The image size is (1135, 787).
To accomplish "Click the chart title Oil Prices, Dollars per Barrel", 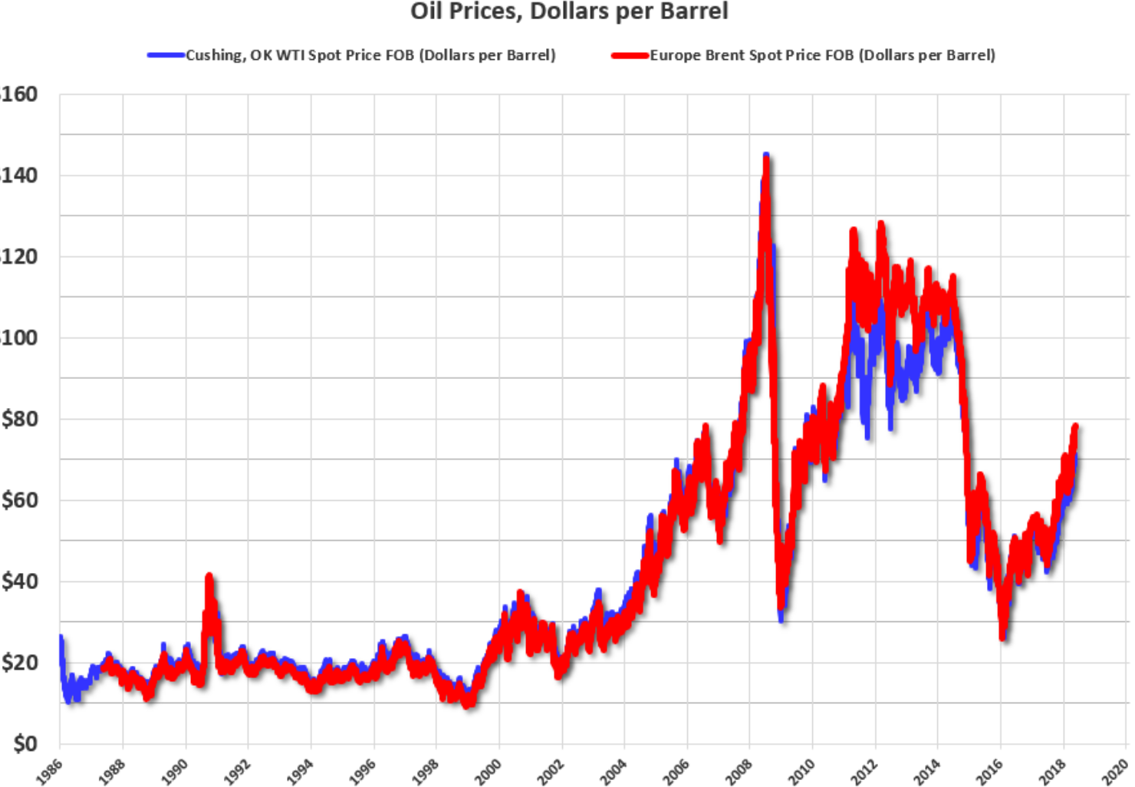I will [568, 12].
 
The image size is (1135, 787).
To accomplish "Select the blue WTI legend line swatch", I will [166, 55].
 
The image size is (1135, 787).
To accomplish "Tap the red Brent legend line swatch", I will [630, 55].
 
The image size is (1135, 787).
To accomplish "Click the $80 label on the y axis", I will [19, 419].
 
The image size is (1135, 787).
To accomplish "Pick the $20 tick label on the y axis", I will [19, 662].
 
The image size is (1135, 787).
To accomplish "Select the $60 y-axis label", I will [19, 500].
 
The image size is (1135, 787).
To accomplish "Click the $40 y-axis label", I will [19, 581].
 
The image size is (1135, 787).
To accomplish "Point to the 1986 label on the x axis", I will [49, 770].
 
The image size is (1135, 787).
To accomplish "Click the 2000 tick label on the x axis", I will [488, 770].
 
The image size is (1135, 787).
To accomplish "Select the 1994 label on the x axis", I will [300, 770].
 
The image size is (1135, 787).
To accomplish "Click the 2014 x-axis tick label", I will [927, 770].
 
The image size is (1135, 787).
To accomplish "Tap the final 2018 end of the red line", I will [1075, 427].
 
